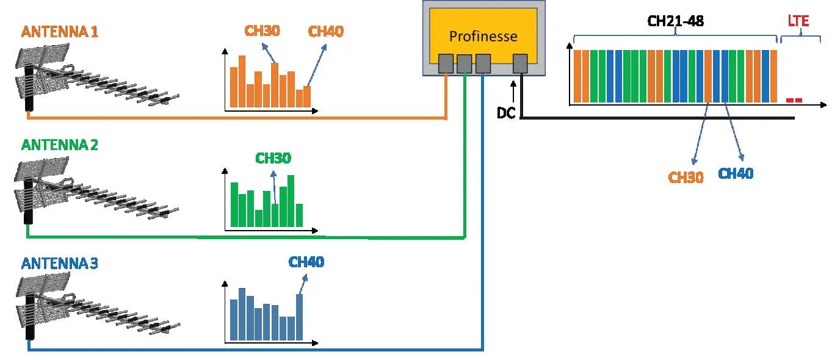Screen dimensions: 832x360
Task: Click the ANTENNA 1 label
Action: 59,32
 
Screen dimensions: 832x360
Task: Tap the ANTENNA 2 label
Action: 59,145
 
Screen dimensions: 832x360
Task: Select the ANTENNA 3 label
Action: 59,264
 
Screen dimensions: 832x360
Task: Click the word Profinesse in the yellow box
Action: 483,37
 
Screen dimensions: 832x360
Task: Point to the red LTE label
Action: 798,21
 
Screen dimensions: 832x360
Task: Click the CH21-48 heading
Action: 675,21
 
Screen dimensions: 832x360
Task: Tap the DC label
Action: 506,113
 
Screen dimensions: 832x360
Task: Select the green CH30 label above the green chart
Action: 273,158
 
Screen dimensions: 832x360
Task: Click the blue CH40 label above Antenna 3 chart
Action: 306,262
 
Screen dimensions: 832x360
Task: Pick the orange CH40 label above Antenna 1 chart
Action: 326,31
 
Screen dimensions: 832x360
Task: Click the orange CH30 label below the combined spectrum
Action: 685,178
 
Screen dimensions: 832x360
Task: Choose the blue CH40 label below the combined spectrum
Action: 736,173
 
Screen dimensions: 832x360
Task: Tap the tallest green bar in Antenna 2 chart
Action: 291,201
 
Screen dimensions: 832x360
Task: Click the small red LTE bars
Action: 794,100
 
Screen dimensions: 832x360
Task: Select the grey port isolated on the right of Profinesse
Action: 520,63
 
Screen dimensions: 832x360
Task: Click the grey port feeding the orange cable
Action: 446,63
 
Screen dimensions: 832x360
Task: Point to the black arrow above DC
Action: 513,92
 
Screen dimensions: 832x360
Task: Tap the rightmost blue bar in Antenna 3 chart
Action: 299,317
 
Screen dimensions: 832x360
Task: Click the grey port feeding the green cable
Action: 465,63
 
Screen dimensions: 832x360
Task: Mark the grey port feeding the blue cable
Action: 483,63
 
